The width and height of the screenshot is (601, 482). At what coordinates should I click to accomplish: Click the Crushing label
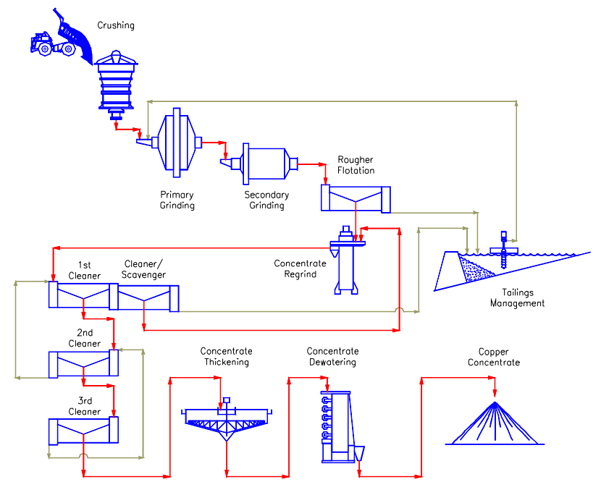tap(116, 26)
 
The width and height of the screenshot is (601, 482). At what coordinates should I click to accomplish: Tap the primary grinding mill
tap(176, 142)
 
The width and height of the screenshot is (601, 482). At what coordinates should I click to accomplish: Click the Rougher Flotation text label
tap(356, 165)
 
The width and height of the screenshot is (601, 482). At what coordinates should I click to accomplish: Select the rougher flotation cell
tap(356, 198)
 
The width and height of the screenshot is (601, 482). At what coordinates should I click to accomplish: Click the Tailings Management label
tap(517, 298)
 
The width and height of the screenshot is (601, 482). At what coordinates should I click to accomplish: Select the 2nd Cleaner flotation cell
tap(83, 363)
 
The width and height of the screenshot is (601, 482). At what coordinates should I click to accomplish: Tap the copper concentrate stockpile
tap(495, 423)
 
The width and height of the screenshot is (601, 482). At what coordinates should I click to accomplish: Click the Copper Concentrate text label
tap(494, 358)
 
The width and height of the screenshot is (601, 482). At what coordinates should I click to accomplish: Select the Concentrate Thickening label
tap(227, 357)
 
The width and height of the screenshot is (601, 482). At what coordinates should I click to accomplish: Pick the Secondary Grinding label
tap(266, 200)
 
